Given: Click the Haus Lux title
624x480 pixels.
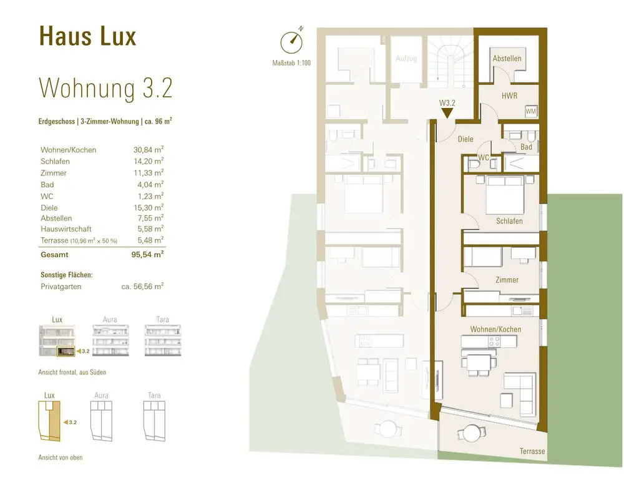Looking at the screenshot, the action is [87, 37].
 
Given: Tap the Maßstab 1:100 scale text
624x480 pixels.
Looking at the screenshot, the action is [291, 63].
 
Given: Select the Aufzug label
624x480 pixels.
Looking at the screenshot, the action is [406, 59].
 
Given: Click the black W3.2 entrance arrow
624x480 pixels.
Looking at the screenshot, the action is [447, 113].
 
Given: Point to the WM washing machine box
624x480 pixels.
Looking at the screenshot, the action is [531, 111].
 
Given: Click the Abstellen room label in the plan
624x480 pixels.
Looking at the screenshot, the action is [507, 59].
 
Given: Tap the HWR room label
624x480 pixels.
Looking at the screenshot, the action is [509, 96].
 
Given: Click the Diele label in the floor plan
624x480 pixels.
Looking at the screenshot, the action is [466, 139].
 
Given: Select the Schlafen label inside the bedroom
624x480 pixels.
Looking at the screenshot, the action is [509, 221].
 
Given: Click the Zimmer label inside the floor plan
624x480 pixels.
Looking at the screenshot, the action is [507, 280].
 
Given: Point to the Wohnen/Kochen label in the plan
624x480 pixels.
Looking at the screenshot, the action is [495, 329].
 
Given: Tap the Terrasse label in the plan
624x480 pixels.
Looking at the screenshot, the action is [532, 451].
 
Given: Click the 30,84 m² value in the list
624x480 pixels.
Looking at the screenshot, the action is [149, 150].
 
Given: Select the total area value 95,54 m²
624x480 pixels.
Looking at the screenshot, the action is [147, 255].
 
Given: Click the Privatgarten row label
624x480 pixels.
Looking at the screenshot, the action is [61, 287].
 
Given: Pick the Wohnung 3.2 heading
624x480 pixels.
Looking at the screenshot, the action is [105, 89].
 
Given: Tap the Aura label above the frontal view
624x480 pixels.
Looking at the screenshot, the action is [110, 320].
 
